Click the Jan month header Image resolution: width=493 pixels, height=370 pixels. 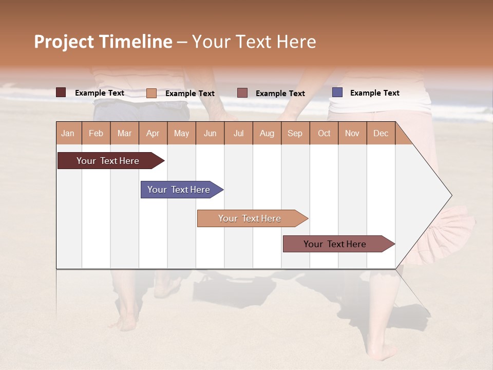click(68, 133)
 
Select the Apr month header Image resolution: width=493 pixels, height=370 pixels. click(153, 133)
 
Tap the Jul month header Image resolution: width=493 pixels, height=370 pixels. click(238, 133)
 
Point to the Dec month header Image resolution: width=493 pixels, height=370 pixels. click(381, 133)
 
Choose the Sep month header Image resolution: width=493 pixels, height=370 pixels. click(295, 133)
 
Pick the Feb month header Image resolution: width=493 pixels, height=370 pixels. click(96, 133)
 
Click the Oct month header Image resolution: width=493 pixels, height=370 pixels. click(324, 133)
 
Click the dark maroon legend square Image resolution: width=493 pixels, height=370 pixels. click(61, 92)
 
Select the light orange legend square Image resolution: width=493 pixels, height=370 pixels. click(151, 93)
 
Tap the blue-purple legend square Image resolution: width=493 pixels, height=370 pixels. click(337, 92)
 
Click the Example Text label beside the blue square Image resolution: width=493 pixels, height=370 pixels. click(374, 93)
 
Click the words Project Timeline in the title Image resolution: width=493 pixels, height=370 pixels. click(103, 42)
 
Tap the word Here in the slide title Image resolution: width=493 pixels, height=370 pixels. click(296, 42)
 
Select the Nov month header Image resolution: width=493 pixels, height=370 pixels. click(352, 133)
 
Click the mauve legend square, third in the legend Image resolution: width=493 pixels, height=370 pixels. click(242, 93)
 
